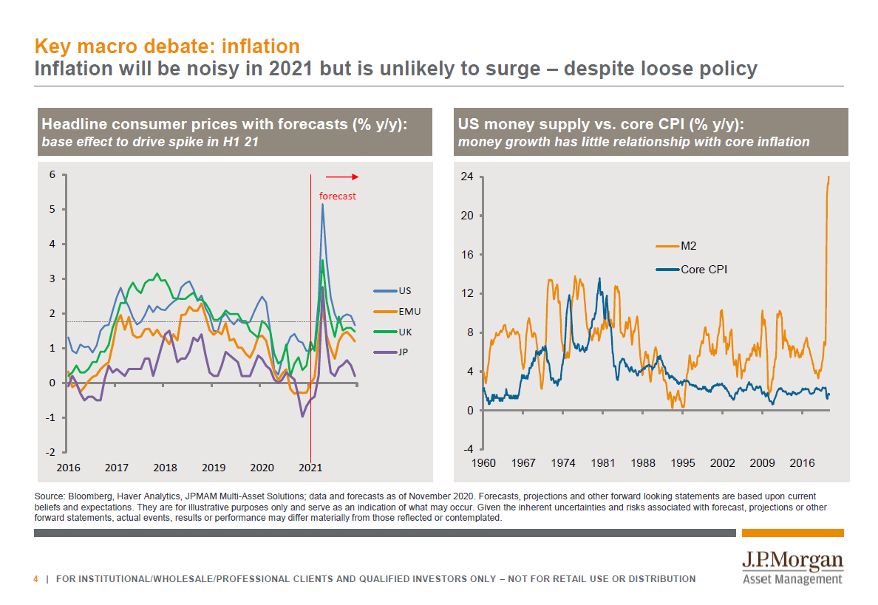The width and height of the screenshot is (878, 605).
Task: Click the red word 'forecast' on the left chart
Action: coord(337,196)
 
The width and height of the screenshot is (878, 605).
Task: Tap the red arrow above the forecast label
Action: coord(341,177)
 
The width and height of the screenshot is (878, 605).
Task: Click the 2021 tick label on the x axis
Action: coord(310,468)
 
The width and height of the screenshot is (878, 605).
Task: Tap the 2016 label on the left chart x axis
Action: coord(68,468)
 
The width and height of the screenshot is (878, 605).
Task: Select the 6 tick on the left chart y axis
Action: coord(52,175)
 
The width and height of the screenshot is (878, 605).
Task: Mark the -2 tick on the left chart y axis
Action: coord(51,452)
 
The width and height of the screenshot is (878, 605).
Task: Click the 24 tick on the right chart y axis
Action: coord(466,177)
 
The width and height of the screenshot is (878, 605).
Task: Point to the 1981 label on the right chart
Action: coord(603,463)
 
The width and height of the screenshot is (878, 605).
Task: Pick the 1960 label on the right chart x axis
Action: coord(483,463)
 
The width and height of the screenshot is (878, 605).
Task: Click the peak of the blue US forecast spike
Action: coord(322,205)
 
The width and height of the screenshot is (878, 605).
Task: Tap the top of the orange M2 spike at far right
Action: coord(828,177)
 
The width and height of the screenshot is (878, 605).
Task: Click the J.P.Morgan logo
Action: coord(792,567)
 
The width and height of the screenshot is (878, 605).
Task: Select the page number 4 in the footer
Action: coord(35,578)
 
